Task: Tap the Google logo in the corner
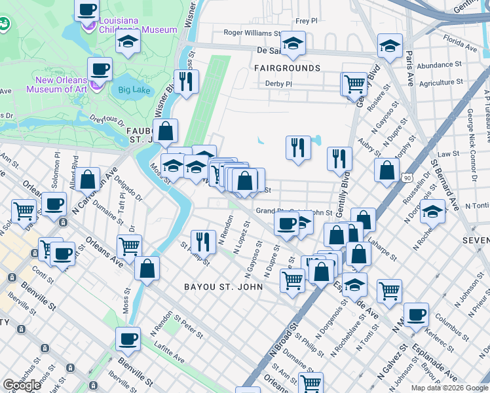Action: coord(22,385)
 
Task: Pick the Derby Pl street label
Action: coord(278,84)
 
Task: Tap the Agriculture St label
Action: coord(441,83)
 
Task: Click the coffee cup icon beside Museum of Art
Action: coord(100,69)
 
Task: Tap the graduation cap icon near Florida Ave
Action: coord(390,46)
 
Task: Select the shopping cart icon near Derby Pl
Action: coord(354,83)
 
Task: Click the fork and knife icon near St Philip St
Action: coord(203,241)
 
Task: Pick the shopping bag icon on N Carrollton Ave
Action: coord(87,179)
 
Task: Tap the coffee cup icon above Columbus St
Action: coord(416,314)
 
